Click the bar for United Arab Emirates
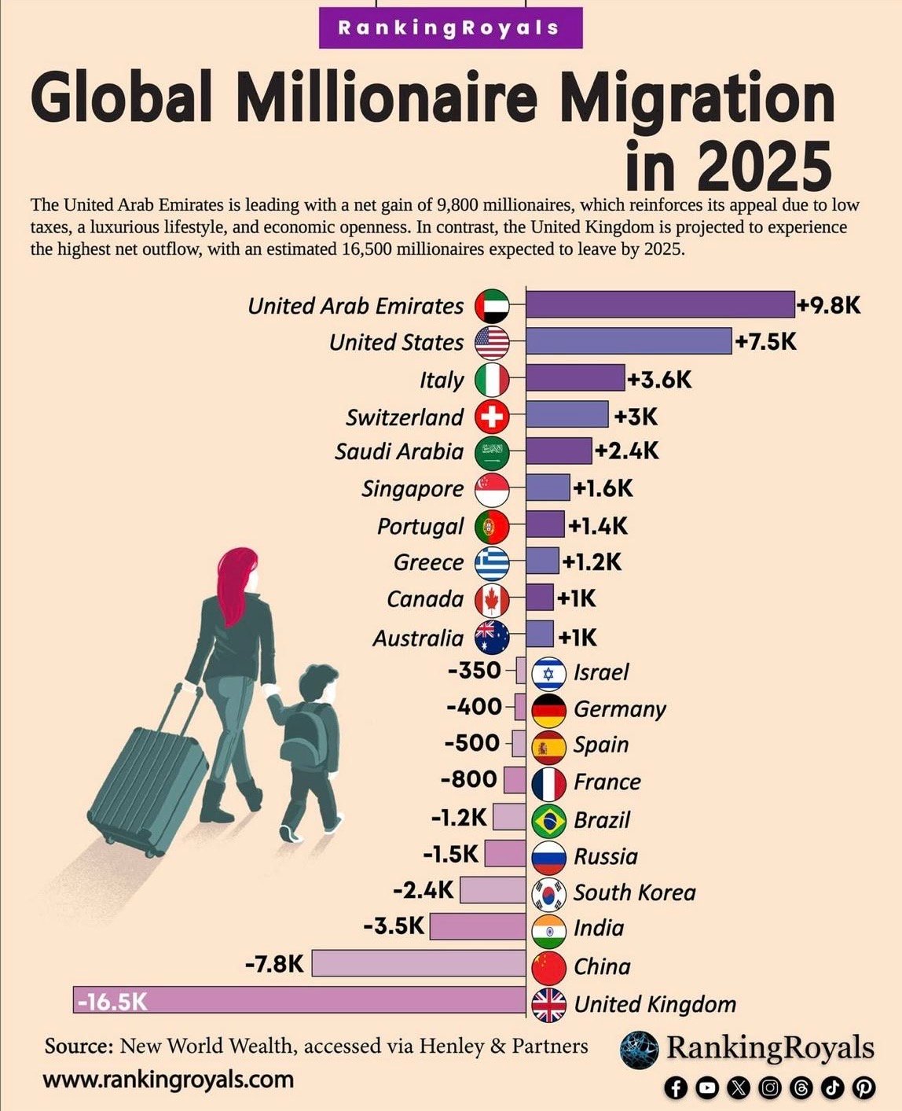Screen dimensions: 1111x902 [660, 304]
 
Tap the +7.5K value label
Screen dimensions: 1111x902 [766, 342]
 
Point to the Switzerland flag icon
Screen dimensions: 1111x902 [493, 416]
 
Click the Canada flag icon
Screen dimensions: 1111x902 [493, 600]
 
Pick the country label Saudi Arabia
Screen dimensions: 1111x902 [399, 451]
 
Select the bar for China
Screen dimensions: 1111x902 [418, 963]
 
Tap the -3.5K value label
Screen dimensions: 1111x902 [394, 925]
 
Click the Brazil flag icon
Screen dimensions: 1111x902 [548, 820]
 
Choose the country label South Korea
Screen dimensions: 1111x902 [634, 892]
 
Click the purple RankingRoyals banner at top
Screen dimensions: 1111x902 [449, 28]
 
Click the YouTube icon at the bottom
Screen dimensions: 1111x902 [707, 1087]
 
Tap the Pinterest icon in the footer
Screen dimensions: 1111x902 [863, 1087]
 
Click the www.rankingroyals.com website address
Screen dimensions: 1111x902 [169, 1079]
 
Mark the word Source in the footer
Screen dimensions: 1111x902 [79, 1046]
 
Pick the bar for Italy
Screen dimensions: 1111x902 [574, 378]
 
